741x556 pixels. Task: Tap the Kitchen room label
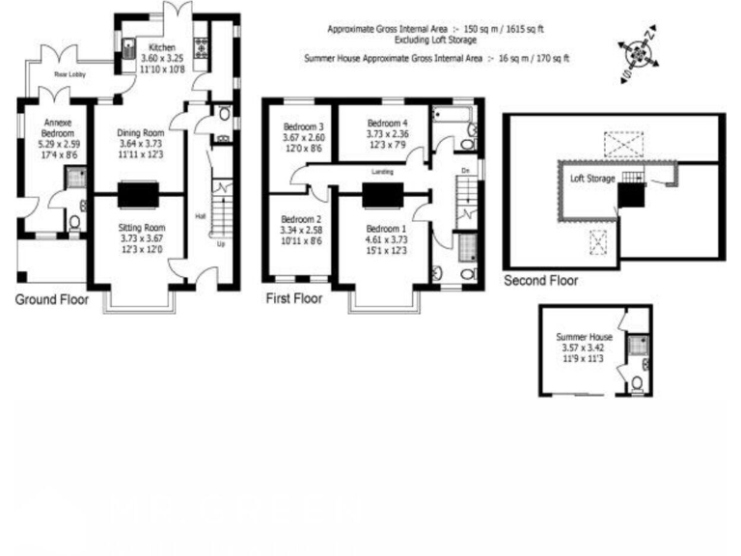(162, 46)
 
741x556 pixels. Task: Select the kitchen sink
(130, 43)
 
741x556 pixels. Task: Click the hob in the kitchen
(202, 45)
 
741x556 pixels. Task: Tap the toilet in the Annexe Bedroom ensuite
(75, 223)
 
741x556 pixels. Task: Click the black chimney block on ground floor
(134, 195)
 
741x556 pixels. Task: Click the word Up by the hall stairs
(222, 244)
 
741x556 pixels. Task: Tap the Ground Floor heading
(51, 300)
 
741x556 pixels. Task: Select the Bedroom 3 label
(302, 126)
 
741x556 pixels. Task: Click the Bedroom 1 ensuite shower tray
(467, 247)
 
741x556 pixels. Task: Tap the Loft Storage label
(592, 179)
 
